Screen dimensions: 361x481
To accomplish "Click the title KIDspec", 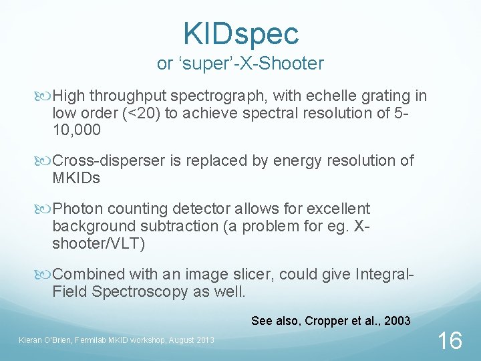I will coord(240,33).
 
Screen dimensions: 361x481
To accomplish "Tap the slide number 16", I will coord(449,340).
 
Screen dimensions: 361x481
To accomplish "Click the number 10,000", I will coord(76,130).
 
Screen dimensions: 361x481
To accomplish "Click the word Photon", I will coord(77,209).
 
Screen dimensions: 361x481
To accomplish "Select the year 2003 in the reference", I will coord(397,321).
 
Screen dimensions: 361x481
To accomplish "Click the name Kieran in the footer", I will coord(30,340).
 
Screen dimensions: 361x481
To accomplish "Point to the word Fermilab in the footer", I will coord(84,340).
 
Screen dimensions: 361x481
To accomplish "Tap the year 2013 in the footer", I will coord(203,340).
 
